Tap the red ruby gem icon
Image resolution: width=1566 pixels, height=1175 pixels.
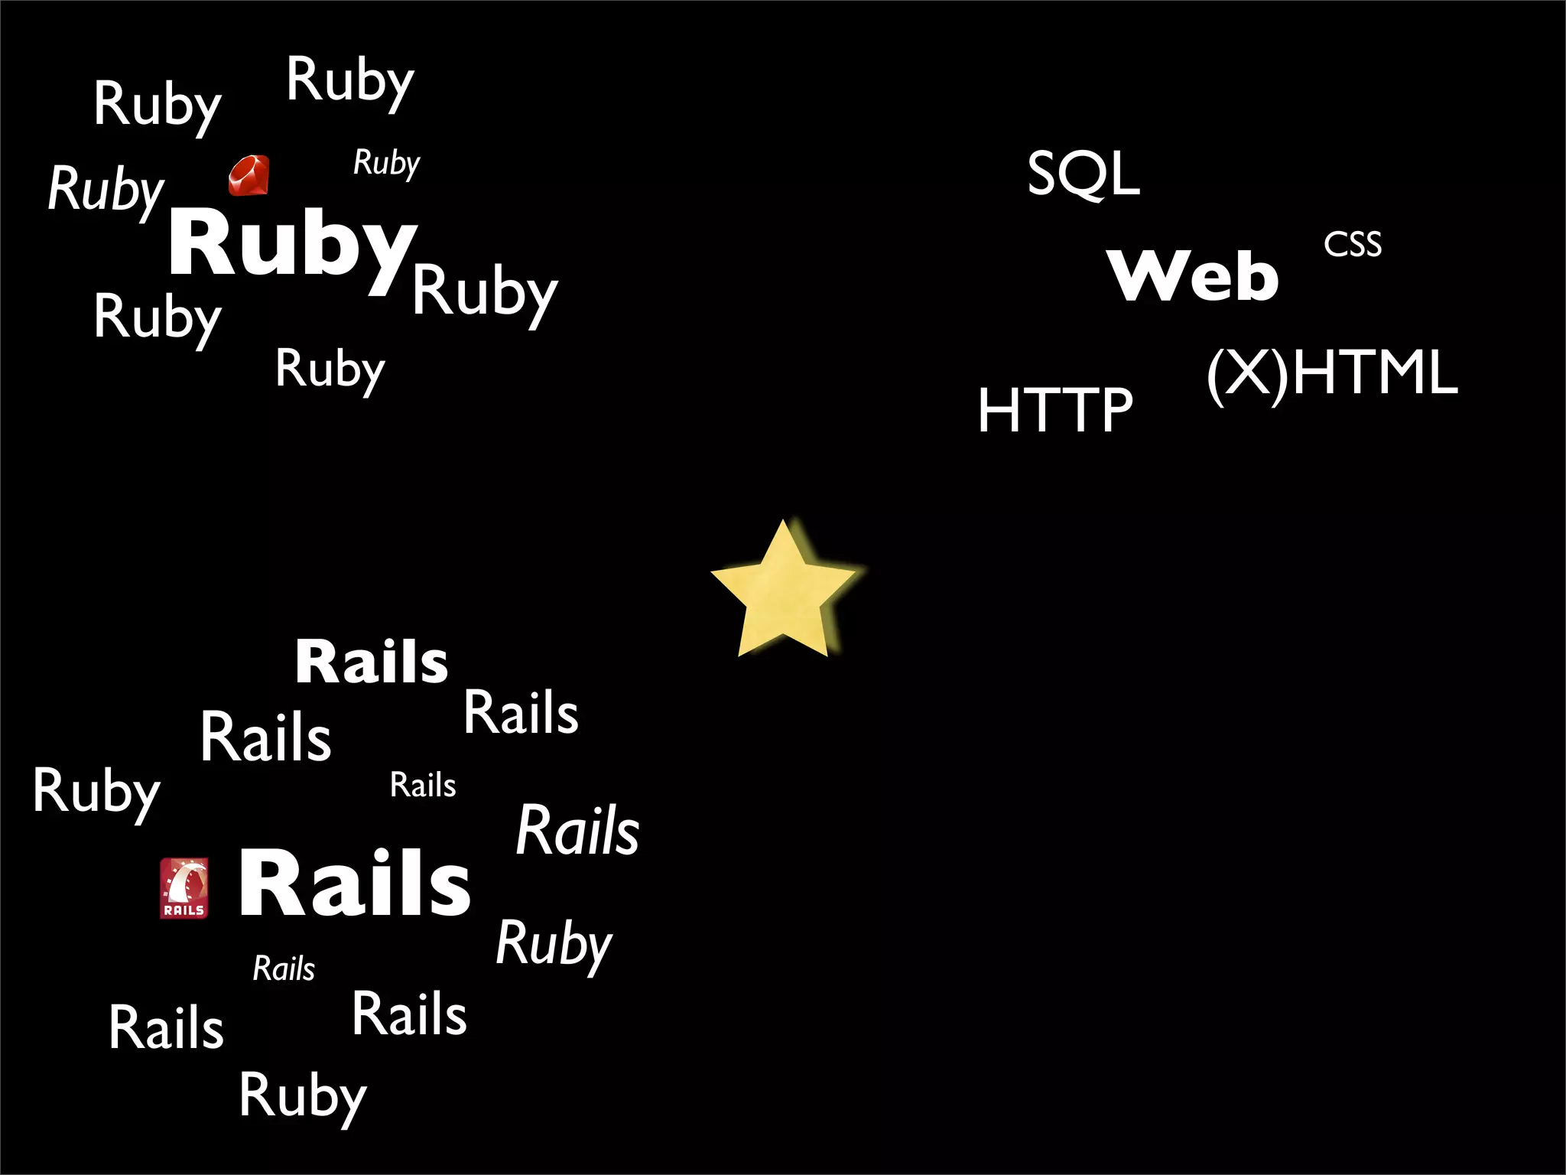[249, 176]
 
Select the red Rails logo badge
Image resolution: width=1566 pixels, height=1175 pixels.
[184, 887]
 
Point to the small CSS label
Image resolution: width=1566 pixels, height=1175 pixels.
[1353, 245]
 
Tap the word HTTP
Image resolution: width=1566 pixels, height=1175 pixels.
[1055, 410]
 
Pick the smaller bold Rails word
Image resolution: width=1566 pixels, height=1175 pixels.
[372, 662]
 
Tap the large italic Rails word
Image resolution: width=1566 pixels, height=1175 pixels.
[577, 831]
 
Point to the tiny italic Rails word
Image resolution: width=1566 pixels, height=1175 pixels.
[284, 969]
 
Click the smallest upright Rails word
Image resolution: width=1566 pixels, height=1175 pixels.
[423, 786]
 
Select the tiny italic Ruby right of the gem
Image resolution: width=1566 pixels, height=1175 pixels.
[386, 163]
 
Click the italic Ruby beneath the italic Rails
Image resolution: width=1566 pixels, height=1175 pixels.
[554, 945]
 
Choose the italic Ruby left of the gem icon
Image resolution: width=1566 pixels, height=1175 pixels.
[106, 189]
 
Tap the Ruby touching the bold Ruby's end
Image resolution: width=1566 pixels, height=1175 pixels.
[485, 292]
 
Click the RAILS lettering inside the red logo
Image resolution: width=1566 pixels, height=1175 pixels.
[184, 910]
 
